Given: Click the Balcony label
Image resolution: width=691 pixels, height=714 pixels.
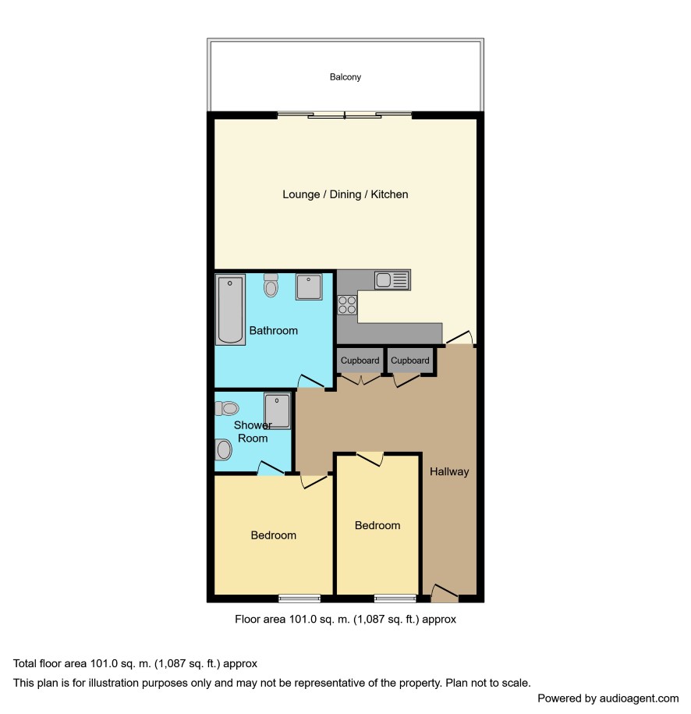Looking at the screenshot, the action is pyautogui.click(x=345, y=77).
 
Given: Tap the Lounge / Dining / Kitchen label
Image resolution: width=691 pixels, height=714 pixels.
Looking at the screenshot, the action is pyautogui.click(x=345, y=194).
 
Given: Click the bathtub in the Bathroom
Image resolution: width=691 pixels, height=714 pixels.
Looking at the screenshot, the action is pyautogui.click(x=230, y=310).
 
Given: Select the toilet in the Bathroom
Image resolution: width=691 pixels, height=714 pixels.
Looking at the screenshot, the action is pyautogui.click(x=271, y=285).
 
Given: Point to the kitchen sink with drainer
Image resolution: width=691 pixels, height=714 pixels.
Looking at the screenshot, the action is pyautogui.click(x=392, y=280).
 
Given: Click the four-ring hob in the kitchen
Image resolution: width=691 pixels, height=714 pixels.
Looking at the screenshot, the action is pyautogui.click(x=347, y=305).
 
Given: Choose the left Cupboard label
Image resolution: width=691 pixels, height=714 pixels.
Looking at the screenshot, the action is pyautogui.click(x=360, y=361).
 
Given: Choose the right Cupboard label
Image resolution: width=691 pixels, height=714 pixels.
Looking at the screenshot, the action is pyautogui.click(x=409, y=361).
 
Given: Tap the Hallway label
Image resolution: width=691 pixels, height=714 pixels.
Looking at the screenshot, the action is pyautogui.click(x=449, y=471).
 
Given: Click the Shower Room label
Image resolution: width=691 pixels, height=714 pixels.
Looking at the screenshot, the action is pyautogui.click(x=253, y=432).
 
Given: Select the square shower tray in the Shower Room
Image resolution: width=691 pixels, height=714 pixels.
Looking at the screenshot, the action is pyautogui.click(x=277, y=411).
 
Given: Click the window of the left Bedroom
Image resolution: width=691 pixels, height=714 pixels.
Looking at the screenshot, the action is pyautogui.click(x=299, y=599).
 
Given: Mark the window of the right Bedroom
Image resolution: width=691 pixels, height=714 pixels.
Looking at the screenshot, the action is pyautogui.click(x=395, y=599).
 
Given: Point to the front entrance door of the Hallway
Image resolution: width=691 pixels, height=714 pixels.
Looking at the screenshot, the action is pyautogui.click(x=445, y=593).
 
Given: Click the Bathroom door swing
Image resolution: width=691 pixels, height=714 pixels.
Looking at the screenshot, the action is pyautogui.click(x=311, y=382).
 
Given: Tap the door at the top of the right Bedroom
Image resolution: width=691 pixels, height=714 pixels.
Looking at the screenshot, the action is pyautogui.click(x=370, y=459).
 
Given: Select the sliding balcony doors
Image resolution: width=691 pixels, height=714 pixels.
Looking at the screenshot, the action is pyautogui.click(x=345, y=115).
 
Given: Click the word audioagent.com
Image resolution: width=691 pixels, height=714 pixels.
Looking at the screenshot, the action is pyautogui.click(x=639, y=698).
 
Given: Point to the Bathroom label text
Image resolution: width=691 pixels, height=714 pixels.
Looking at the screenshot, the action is pyautogui.click(x=274, y=331).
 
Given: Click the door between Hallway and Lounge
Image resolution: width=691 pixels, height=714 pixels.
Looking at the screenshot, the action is pyautogui.click(x=459, y=337).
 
